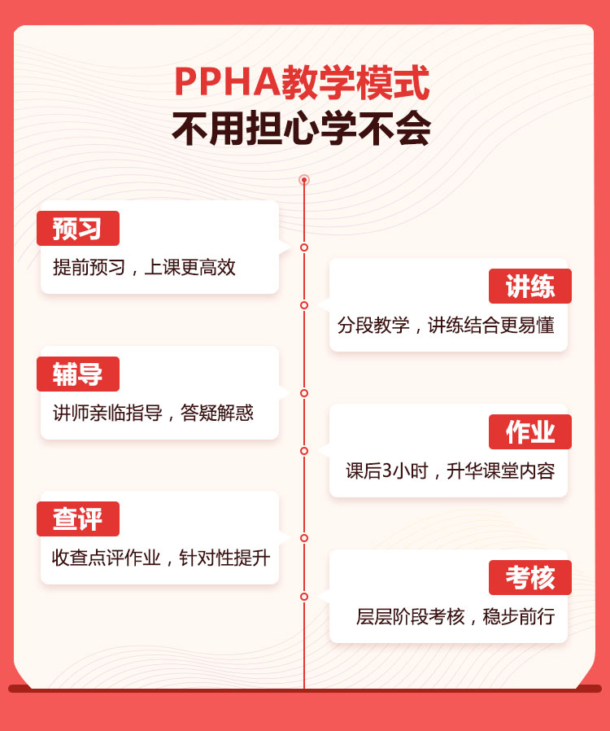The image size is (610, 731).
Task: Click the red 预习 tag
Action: tap(78, 229)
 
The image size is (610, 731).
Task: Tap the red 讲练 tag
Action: tap(530, 287)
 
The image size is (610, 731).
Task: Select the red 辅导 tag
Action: tap(78, 374)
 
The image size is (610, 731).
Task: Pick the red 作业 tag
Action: tap(530, 431)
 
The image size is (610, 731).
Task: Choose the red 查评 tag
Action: tap(78, 519)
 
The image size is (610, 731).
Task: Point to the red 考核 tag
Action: tap(530, 578)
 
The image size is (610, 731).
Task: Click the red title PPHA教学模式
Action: tap(302, 82)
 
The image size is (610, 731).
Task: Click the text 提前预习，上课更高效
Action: tap(144, 268)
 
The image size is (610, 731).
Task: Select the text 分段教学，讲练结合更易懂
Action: tap(446, 326)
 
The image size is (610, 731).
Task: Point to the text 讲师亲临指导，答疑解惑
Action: tap(153, 413)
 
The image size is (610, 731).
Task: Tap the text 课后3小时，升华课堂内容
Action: tap(451, 471)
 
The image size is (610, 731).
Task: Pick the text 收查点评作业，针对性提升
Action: tap(161, 558)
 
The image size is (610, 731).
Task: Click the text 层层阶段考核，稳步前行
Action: tap(455, 616)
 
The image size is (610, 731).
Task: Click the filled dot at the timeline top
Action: tap(304, 180)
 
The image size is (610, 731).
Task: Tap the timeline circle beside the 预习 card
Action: tap(304, 247)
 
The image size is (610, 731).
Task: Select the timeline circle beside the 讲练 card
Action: tap(304, 305)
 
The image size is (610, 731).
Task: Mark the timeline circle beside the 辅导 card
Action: tap(304, 393)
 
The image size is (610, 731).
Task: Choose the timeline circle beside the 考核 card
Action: tap(304, 597)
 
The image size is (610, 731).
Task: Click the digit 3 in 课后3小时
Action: tap(387, 471)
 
